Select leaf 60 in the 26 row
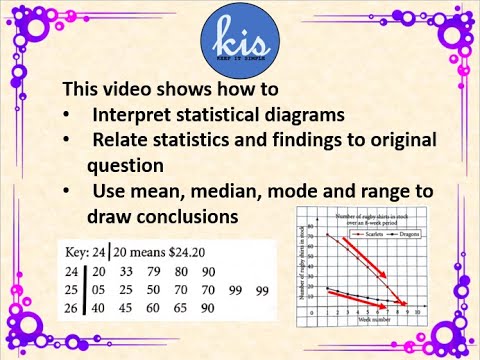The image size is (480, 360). pos(155,309)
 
